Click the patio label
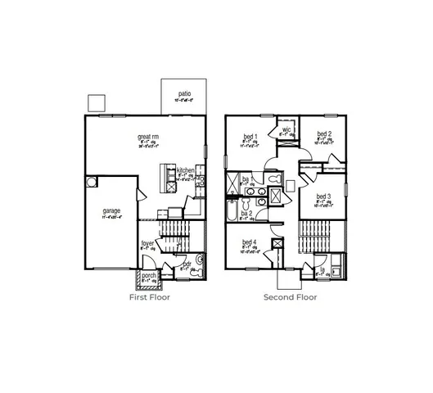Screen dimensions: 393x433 pyautogui.click(x=184, y=94)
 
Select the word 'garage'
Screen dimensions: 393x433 pyautogui.click(x=111, y=210)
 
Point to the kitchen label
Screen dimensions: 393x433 pyautogui.click(x=186, y=171)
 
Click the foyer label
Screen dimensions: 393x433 pyautogui.click(x=147, y=243)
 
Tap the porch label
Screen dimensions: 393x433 pyautogui.click(x=150, y=275)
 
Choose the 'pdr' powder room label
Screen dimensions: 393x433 pyautogui.click(x=187, y=264)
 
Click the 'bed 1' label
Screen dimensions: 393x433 pyautogui.click(x=250, y=136)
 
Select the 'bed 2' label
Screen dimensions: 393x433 pyautogui.click(x=324, y=133)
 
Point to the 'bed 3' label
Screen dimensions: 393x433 pyautogui.click(x=323, y=196)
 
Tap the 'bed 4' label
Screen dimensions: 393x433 pyautogui.click(x=249, y=242)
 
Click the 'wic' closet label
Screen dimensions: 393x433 pyautogui.click(x=287, y=129)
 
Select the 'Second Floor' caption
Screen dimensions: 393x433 pyautogui.click(x=290, y=297)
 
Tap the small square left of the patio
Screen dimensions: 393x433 pyautogui.click(x=97, y=102)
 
